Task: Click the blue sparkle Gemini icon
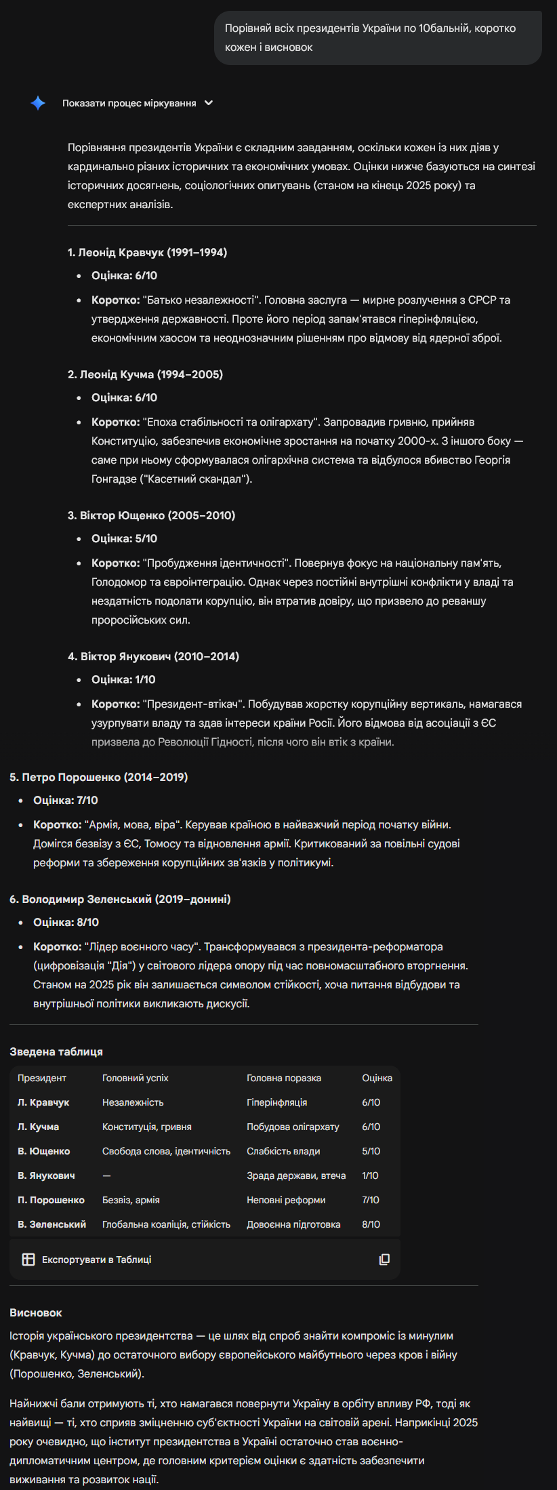38,103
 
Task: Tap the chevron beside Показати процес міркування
209,103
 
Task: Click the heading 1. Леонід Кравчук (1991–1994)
147,252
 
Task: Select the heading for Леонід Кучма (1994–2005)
145,374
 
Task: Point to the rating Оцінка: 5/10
124,538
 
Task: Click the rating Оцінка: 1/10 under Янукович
123,679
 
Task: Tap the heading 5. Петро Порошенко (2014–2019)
98,777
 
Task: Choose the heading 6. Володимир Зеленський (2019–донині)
120,899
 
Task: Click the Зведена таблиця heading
56,1051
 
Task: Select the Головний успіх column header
135,1078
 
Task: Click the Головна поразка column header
284,1078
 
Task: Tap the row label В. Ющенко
43,1151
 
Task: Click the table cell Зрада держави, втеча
296,1175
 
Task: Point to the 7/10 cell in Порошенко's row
371,1200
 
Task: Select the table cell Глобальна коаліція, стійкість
166,1224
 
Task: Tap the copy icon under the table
384,1260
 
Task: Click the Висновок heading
36,1312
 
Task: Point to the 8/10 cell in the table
371,1224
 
